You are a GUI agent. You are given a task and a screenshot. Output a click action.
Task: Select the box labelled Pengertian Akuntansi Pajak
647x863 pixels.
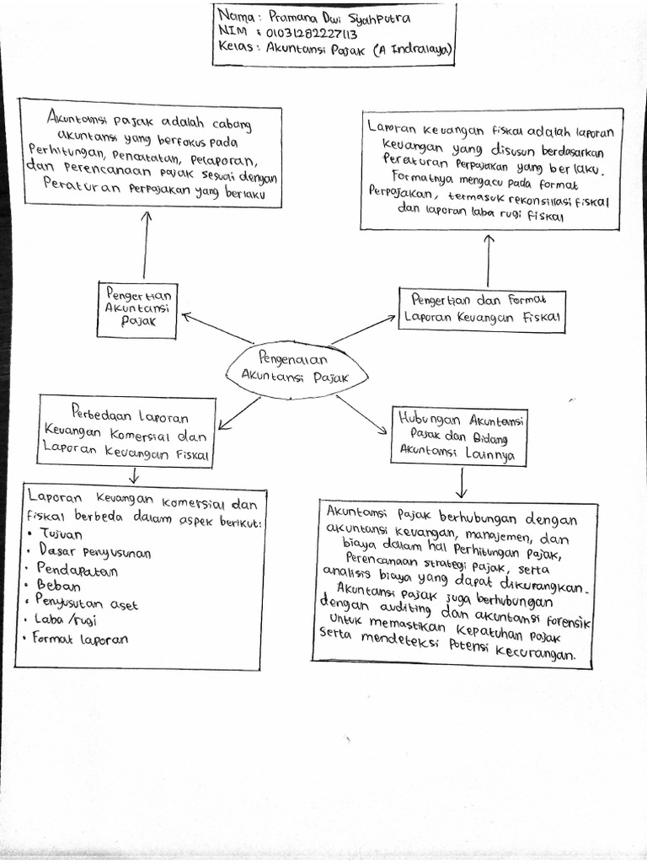point(137,309)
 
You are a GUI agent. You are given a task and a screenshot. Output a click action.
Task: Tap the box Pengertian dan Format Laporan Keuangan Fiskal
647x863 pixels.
point(481,309)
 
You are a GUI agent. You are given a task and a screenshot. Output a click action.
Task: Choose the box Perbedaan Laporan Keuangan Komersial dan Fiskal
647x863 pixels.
point(125,432)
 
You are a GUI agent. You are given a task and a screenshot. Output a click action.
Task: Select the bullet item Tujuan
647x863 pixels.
point(61,535)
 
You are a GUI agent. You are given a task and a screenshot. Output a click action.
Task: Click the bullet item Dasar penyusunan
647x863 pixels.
point(94,552)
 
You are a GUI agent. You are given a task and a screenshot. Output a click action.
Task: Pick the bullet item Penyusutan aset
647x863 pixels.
point(87,603)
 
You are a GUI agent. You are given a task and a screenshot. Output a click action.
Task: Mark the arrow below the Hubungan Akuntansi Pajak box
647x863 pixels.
point(463,482)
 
